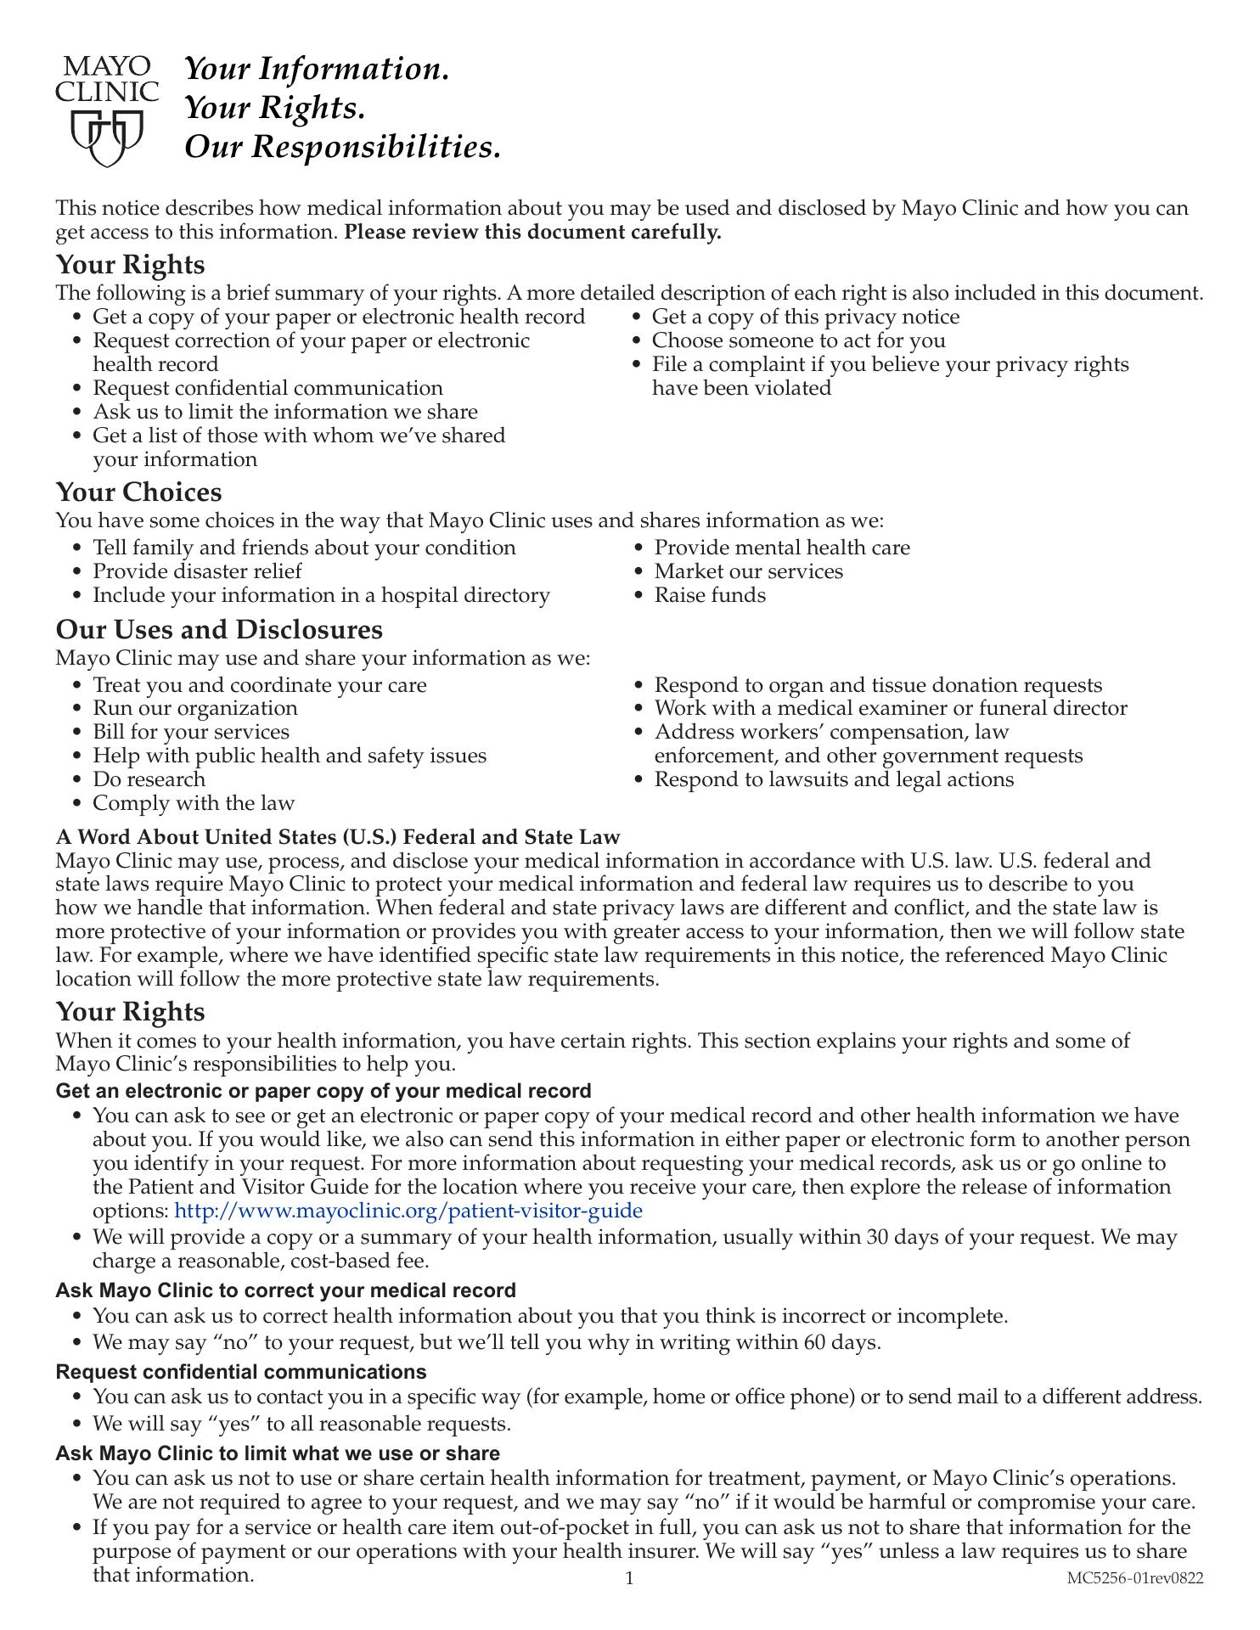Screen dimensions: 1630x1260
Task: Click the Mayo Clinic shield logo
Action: pos(107,138)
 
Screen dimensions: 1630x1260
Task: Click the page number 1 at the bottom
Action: pos(629,1579)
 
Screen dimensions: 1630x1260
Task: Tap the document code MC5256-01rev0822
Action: pos(1135,1578)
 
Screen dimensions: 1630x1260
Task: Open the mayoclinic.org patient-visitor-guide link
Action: pos(408,1211)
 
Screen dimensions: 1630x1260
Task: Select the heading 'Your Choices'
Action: pos(138,492)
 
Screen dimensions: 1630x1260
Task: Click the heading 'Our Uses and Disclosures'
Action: pos(219,630)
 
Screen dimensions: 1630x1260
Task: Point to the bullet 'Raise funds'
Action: pos(710,595)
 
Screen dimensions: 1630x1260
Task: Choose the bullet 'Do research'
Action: pos(149,779)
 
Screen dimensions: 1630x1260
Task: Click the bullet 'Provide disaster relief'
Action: pos(197,571)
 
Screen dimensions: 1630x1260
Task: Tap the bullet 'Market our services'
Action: pos(748,571)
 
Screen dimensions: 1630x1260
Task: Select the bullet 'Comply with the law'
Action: pos(194,803)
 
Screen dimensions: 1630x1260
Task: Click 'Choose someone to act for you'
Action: pos(798,340)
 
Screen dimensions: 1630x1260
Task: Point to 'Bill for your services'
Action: pos(191,732)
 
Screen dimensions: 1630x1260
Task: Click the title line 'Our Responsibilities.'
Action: pos(343,147)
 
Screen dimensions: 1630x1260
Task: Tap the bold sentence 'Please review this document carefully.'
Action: pos(532,232)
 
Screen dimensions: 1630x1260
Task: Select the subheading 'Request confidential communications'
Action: pos(241,1372)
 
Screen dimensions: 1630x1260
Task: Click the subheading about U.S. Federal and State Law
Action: pos(338,837)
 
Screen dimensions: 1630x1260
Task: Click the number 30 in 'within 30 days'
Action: pos(879,1237)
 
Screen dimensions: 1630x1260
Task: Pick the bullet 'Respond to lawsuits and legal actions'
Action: pos(834,779)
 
